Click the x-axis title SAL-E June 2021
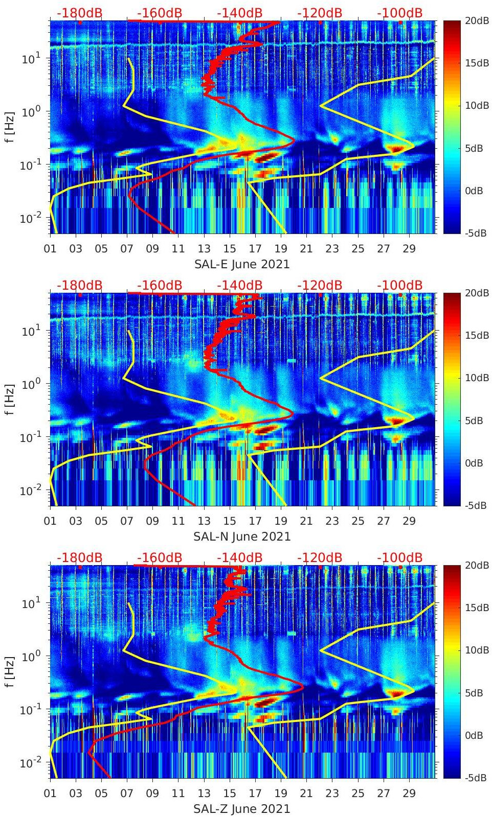pos(242,264)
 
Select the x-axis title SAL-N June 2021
pos(242,536)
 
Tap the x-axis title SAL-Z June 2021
pos(242,809)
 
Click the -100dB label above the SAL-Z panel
pos(399,557)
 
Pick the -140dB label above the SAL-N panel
pos(239,285)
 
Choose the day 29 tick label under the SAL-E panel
pos(409,249)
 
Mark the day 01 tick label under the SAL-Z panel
pos(50,793)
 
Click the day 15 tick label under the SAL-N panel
pos(230,521)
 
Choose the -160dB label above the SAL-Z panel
pos(160,557)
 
